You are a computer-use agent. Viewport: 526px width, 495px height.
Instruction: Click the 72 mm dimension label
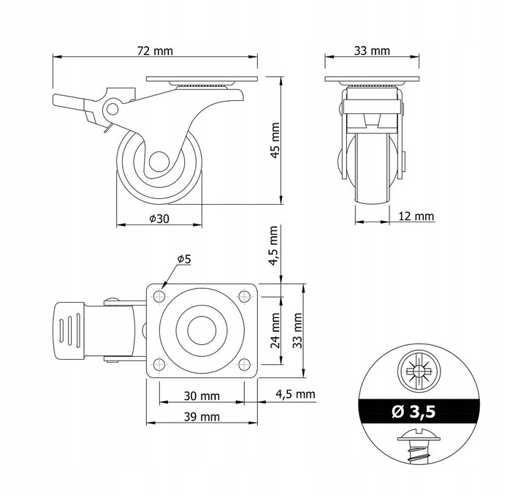pyautogui.click(x=155, y=51)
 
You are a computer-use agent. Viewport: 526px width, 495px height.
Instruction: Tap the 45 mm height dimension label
pyautogui.click(x=275, y=140)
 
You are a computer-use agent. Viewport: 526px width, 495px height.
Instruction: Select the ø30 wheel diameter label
pyautogui.click(x=159, y=219)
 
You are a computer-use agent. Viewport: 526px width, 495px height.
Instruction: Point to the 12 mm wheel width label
pyautogui.click(x=416, y=216)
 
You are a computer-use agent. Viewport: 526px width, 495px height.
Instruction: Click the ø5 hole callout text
pyautogui.click(x=184, y=259)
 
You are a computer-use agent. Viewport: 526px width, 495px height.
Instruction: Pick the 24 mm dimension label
pyautogui.click(x=275, y=330)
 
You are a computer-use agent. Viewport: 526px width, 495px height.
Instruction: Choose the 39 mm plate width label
pyautogui.click(x=202, y=417)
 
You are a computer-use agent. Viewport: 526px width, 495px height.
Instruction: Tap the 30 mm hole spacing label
pyautogui.click(x=202, y=396)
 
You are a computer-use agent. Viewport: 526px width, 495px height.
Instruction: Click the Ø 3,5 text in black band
pyautogui.click(x=413, y=411)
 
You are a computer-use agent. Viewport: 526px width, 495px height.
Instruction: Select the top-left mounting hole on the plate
pyautogui.click(x=159, y=296)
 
